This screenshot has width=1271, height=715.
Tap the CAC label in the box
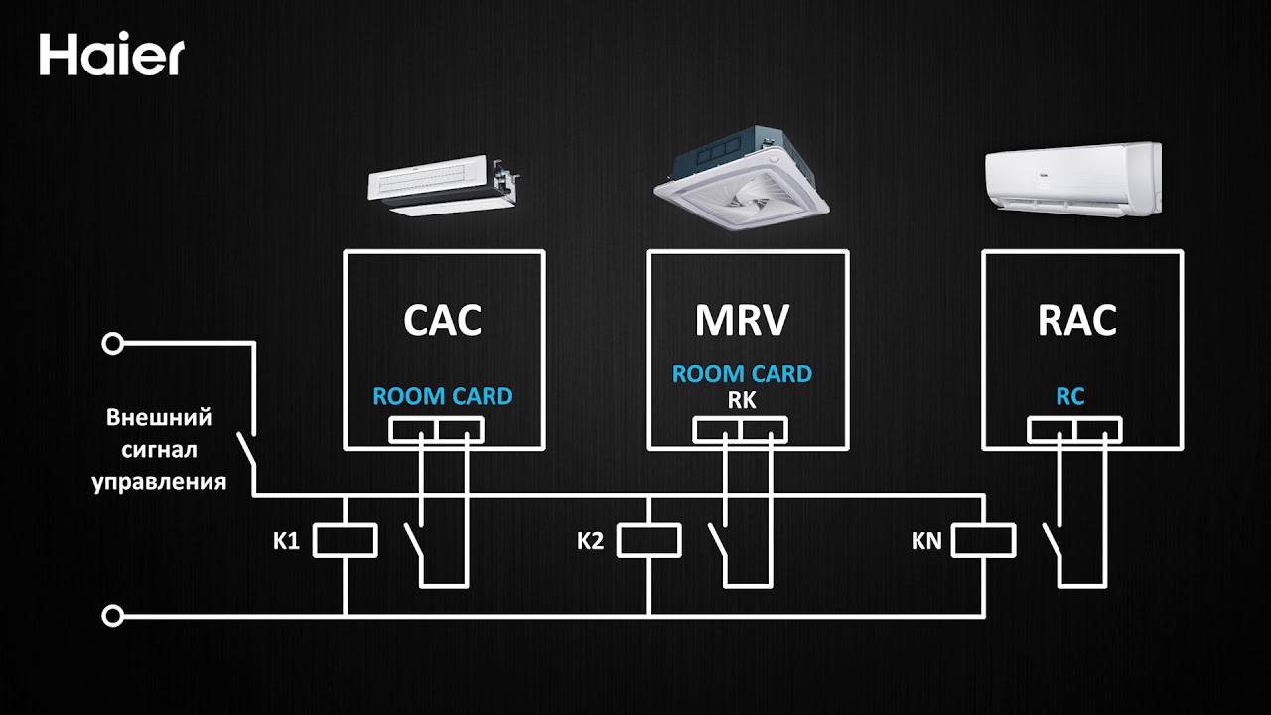coord(443,320)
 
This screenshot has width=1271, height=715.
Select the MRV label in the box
coord(742,320)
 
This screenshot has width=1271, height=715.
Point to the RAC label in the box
coord(1077,320)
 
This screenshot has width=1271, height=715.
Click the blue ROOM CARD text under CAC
coord(443,396)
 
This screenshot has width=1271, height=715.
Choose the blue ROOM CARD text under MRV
coord(742,374)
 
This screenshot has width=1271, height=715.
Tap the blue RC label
coord(1070,396)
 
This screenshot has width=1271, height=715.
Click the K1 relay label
coord(287,542)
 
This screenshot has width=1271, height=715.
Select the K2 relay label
coord(590,542)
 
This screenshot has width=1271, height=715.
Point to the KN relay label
coord(926,542)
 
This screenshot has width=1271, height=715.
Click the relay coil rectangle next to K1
coord(345,541)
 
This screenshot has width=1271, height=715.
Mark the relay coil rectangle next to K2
coord(649,541)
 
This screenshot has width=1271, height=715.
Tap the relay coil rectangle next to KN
coord(984,541)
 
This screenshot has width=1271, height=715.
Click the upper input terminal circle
coord(113,345)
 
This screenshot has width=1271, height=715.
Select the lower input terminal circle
coord(113,616)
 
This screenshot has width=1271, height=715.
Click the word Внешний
coord(159,417)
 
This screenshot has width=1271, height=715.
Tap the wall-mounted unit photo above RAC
coord(1071,176)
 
